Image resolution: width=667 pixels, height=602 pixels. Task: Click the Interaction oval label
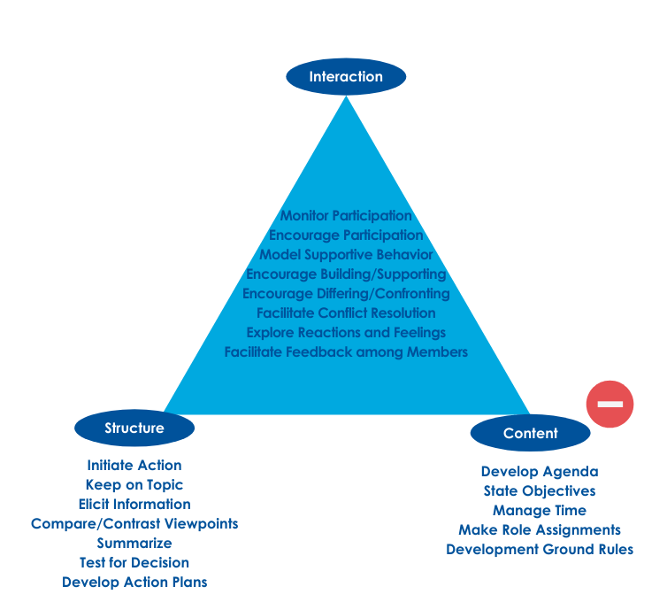pos(346,77)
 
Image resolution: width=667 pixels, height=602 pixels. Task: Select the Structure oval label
pos(134,428)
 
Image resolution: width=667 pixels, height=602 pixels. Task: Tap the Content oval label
pos(530,433)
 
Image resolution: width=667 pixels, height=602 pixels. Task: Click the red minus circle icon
pos(610,404)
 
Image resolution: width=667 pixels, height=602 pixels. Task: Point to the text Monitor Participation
pos(346,216)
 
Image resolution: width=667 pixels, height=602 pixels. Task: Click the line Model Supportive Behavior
pos(346,255)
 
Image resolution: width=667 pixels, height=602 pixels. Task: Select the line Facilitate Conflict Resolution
pos(346,313)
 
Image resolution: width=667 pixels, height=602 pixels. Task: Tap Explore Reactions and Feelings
pos(346,333)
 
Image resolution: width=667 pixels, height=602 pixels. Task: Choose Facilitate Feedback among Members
pos(346,352)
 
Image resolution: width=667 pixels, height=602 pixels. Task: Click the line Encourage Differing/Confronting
pos(346,294)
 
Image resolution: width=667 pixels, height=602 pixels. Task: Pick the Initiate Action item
pos(134,466)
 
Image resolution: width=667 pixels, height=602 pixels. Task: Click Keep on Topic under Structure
pos(134,485)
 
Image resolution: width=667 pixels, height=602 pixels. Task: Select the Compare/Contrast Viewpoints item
pos(134,524)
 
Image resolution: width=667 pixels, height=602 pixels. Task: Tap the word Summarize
pos(134,544)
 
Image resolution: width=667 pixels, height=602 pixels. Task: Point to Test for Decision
pos(134,563)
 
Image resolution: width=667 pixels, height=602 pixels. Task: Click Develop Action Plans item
pos(134,583)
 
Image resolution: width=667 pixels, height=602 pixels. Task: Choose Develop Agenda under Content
pos(540,472)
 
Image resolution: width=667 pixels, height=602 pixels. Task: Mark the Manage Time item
pos(540,511)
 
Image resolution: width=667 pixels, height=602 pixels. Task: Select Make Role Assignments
pos(540,530)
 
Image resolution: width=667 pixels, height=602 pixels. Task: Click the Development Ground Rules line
pos(540,550)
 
